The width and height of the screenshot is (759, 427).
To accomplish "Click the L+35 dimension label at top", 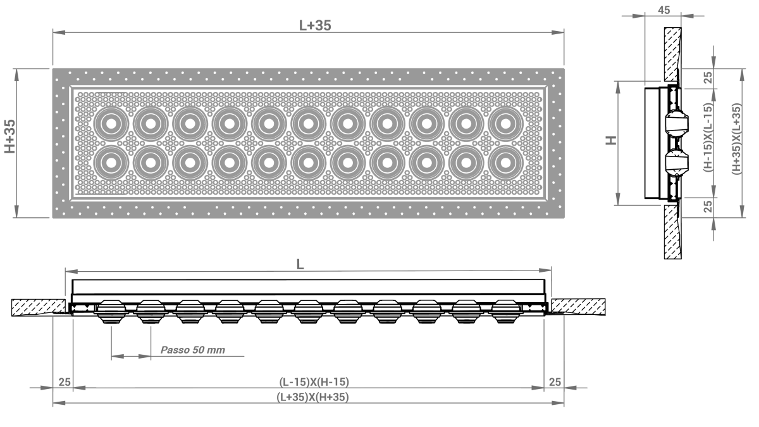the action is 315,25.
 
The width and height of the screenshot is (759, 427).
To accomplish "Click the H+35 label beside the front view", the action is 10,136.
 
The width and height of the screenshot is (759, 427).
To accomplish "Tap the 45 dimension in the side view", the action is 663,10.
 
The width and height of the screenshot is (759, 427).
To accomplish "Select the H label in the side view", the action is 610,140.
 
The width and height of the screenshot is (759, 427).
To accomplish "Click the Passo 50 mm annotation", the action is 192,350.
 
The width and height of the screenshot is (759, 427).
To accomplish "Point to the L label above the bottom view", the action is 300,264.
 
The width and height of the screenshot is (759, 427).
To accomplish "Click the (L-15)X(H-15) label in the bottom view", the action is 314,382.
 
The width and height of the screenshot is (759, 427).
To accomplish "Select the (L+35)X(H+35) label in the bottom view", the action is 312,397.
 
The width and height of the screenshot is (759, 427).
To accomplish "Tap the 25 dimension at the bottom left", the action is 65,382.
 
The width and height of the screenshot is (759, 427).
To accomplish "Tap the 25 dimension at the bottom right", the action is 555,382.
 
